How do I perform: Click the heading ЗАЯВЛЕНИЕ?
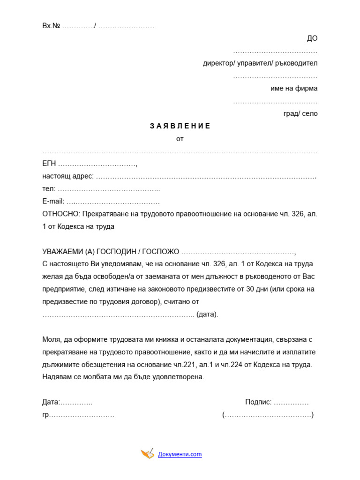click(180, 126)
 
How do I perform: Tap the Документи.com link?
click(180, 454)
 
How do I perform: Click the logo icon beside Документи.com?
click(147, 453)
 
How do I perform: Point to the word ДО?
click(312, 38)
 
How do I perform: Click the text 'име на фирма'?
click(294, 88)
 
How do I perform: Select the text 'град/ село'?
click(300, 113)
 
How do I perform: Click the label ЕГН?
click(49, 164)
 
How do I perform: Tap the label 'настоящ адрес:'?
click(68, 176)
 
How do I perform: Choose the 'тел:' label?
click(49, 189)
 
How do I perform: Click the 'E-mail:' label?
click(53, 202)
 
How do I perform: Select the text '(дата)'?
click(207, 314)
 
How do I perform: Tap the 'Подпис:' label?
click(258, 402)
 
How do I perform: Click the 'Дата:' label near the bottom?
click(51, 402)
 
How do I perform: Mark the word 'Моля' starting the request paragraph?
click(52, 339)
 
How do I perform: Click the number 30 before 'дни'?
click(250, 289)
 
